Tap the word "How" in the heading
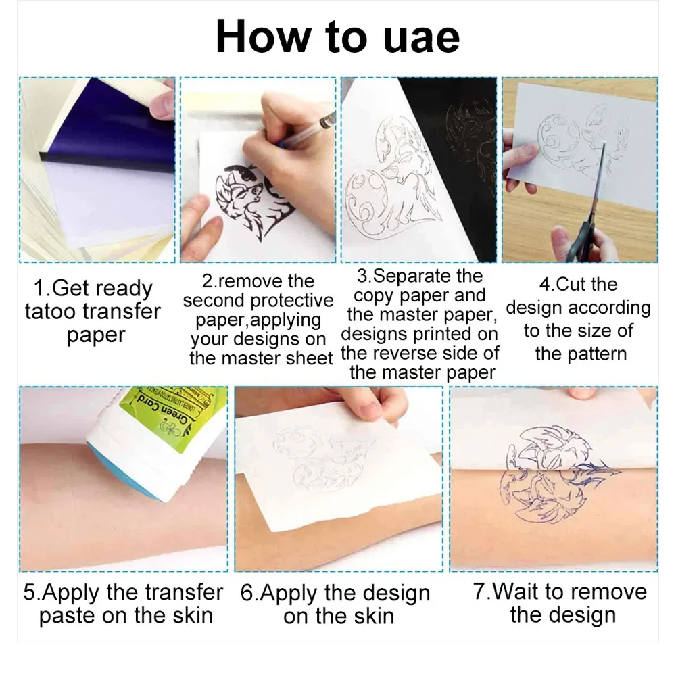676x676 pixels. click(263, 37)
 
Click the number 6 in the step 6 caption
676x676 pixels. click(247, 593)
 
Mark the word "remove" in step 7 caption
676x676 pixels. click(598, 592)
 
